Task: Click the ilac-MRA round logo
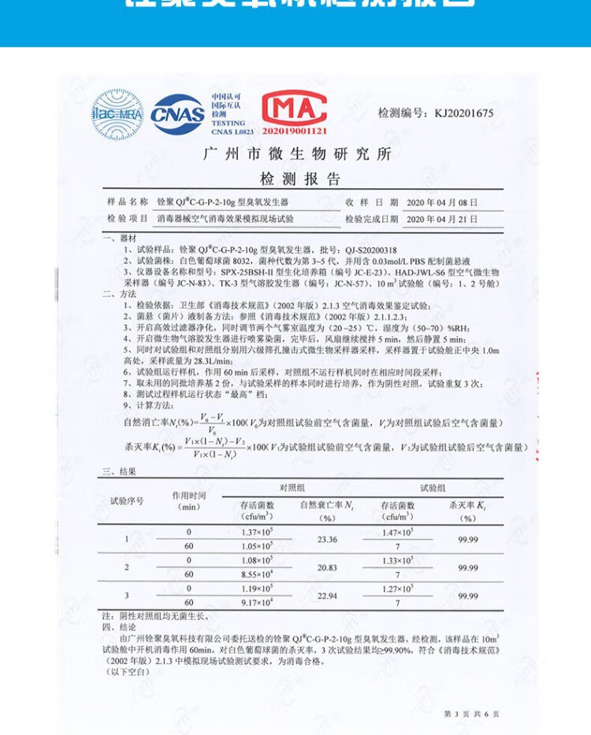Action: pos(117,114)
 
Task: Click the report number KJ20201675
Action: pos(436,113)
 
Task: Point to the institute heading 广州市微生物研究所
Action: pos(297,153)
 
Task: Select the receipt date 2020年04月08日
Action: pos(442,202)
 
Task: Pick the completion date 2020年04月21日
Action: pos(442,219)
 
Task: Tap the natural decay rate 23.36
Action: pos(327,539)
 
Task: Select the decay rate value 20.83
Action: pos(327,567)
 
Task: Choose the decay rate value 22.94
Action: pos(327,595)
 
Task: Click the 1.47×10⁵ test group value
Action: pos(397,533)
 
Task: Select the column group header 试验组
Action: pos(433,489)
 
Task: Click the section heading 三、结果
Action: pos(119,471)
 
